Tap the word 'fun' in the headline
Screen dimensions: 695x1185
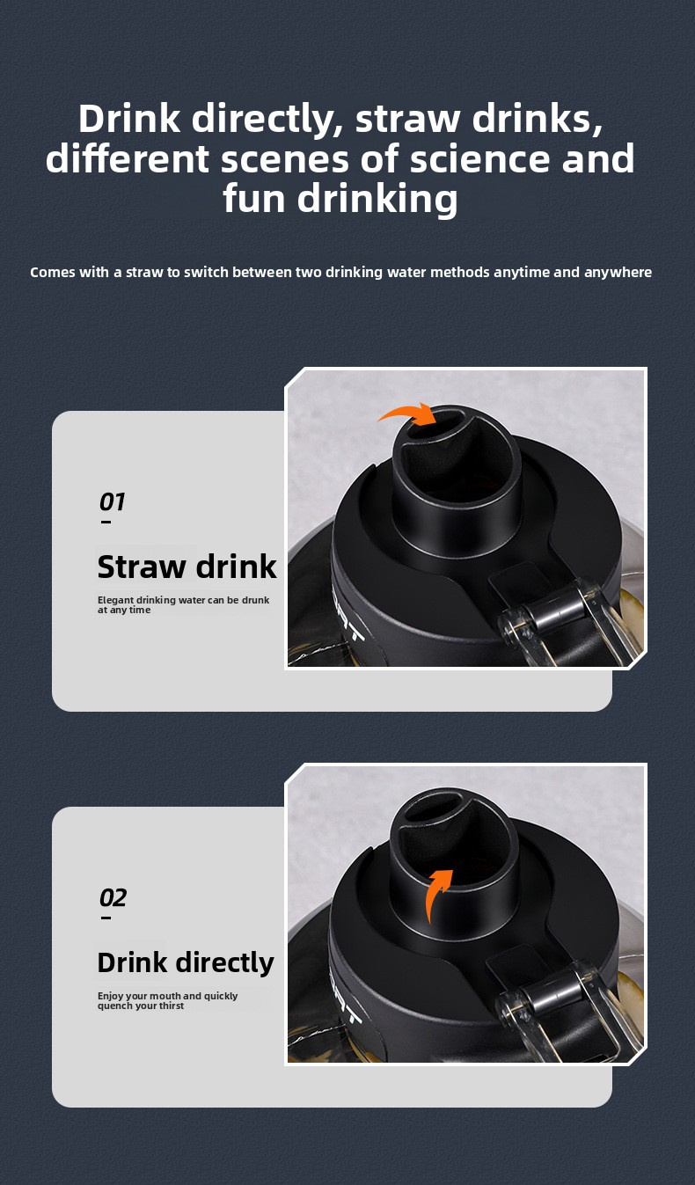point(253,199)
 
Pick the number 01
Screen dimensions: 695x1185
point(112,501)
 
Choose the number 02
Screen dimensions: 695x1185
point(113,897)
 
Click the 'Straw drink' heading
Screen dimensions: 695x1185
point(187,567)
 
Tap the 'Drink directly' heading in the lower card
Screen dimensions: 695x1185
point(186,962)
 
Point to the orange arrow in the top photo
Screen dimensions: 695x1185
point(408,413)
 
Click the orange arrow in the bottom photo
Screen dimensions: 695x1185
point(437,894)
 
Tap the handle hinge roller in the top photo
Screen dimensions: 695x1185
point(552,615)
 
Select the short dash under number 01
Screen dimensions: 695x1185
point(106,523)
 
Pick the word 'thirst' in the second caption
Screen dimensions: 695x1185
point(172,1006)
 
